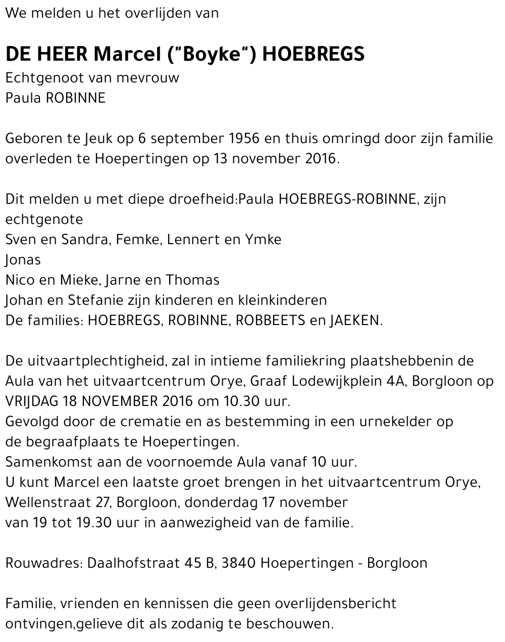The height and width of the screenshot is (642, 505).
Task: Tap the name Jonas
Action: tap(23, 259)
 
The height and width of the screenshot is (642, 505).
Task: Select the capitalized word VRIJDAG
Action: tap(32, 401)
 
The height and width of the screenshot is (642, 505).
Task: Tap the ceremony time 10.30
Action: tap(241, 401)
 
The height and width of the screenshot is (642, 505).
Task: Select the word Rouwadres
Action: tap(43, 563)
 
